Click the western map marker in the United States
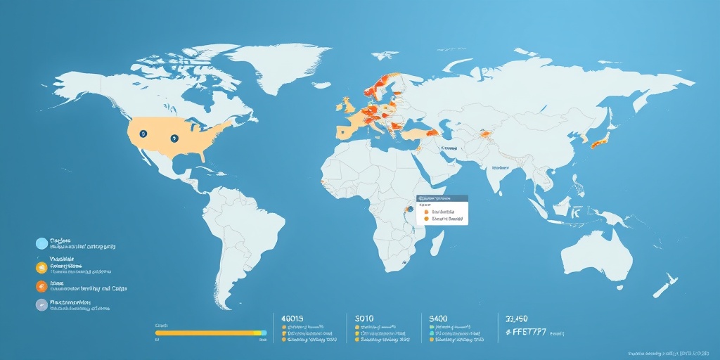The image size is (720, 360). [143, 133]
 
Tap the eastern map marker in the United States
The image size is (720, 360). [173, 139]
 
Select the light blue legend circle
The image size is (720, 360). [41, 244]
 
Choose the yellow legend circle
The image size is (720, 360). [41, 266]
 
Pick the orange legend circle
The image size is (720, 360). [41, 286]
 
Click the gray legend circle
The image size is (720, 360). [41, 305]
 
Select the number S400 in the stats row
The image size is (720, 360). [437, 319]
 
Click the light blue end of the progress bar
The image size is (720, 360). [263, 332]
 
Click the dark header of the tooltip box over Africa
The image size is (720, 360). [442, 199]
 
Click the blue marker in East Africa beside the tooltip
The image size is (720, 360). [411, 210]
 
